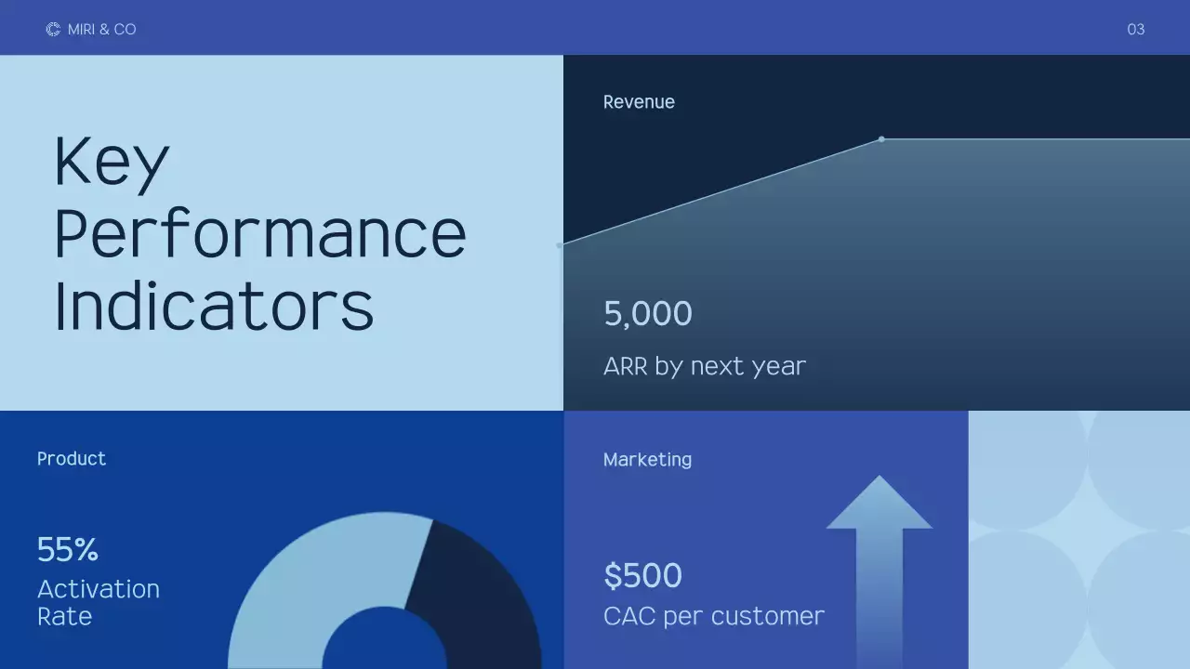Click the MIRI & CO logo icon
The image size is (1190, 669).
[53, 30]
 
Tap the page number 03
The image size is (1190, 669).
[1135, 30]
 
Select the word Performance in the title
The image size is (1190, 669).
[260, 234]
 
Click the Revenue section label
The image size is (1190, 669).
[639, 102]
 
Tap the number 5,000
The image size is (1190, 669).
[648, 314]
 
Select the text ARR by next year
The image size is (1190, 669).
[704, 366]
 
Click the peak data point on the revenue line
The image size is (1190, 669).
[881, 139]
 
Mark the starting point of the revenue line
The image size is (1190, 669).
[560, 245]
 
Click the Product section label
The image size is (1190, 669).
[72, 459]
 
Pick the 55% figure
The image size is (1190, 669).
[68, 550]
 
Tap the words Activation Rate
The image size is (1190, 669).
[98, 602]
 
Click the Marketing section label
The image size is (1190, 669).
[647, 460]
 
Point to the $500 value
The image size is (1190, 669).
[642, 576]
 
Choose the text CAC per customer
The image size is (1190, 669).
[713, 616]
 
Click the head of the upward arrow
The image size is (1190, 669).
[879, 506]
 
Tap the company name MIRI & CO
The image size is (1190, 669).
[102, 30]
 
